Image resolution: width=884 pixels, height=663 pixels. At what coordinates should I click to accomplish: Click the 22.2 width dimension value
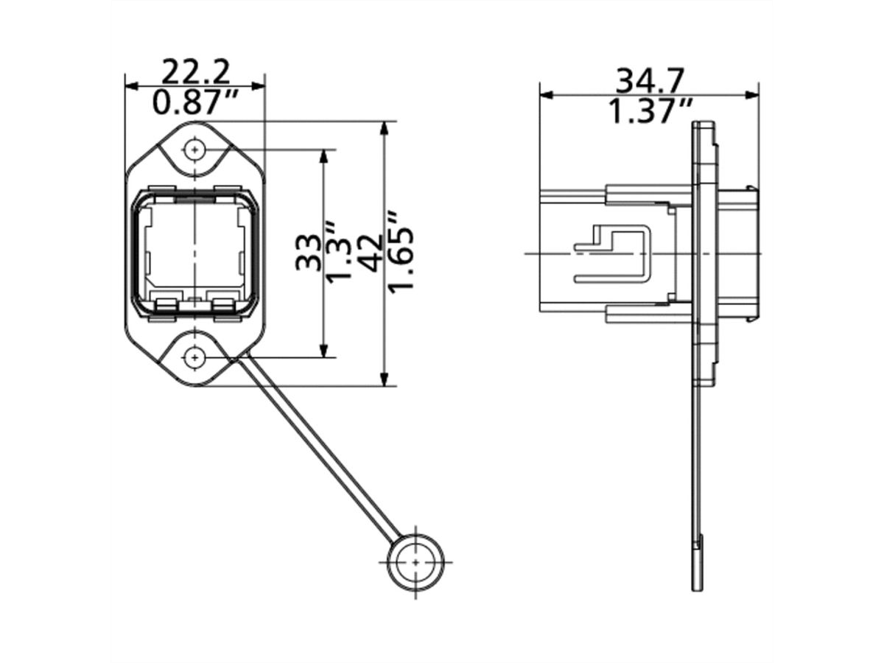click(x=195, y=71)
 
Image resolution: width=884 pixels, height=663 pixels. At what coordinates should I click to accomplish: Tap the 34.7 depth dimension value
click(x=650, y=79)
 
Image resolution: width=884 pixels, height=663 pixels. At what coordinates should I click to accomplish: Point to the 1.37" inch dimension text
click(x=650, y=111)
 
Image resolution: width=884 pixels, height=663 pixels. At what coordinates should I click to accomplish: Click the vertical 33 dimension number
click(x=308, y=253)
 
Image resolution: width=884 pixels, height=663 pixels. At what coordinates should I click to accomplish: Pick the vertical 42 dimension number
click(x=371, y=253)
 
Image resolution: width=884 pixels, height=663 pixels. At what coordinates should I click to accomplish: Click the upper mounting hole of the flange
click(x=194, y=150)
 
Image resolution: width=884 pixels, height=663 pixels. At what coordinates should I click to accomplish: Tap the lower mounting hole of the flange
click(x=194, y=358)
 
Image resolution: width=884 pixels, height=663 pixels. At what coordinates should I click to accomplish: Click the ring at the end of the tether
click(x=416, y=561)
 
